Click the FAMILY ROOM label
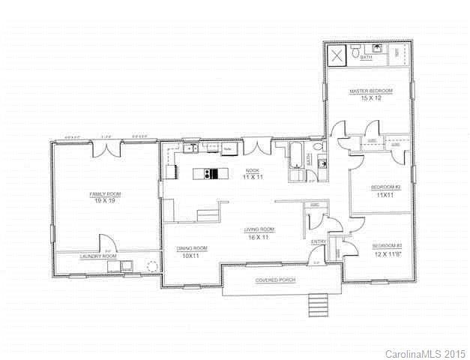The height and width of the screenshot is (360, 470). [106, 194]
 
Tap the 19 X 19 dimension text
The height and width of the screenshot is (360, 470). [106, 201]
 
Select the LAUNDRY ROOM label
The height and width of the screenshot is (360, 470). [98, 256]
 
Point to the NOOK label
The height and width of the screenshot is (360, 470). [241, 170]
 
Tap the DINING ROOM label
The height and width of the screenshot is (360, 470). [192, 248]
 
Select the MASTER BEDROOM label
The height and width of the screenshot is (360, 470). [370, 91]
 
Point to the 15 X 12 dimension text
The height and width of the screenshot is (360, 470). [370, 98]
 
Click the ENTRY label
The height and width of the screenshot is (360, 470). [318, 241]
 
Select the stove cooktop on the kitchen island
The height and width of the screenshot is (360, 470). [213, 174]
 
